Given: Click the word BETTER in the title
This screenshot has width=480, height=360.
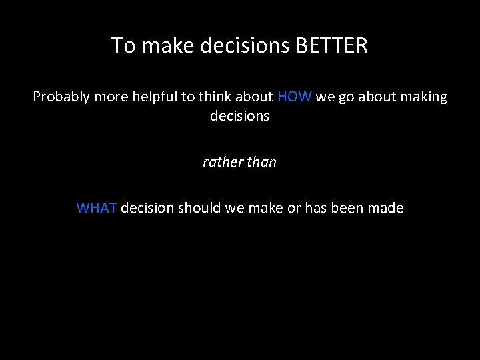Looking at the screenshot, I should (x=331, y=45).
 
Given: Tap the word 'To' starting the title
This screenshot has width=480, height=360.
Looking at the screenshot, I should (x=122, y=45).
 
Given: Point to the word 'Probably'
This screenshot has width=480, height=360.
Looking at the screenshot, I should (x=61, y=97).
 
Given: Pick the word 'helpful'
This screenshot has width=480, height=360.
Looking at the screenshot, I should (x=153, y=97).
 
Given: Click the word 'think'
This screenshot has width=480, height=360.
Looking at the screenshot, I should (x=212, y=97).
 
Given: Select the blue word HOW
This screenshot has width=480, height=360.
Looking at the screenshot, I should (x=294, y=97).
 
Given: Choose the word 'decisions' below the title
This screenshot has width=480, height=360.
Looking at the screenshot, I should (x=239, y=116).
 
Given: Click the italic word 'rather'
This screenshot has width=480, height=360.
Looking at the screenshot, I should (x=221, y=162).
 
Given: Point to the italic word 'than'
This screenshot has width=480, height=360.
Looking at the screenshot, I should (x=261, y=162).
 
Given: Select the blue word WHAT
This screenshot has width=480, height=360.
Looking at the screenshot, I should (x=97, y=208).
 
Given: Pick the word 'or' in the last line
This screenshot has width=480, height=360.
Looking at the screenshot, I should (x=294, y=208).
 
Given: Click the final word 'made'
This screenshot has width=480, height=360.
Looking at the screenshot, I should (x=385, y=208).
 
